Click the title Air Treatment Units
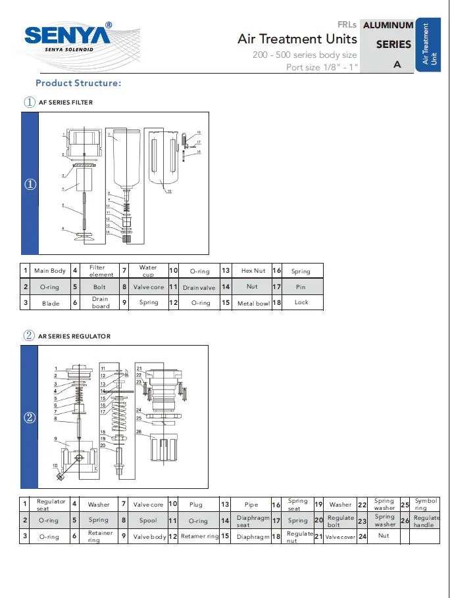[297, 39]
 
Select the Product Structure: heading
[78, 83]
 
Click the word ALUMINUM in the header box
[388, 25]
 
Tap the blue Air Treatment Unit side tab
[429, 44]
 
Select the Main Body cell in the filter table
[50, 271]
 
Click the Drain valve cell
[199, 287]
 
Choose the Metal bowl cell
[253, 303]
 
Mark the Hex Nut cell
[253, 271]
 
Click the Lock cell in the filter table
[301, 302]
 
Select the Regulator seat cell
[51, 504]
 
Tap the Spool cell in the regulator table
[149, 520]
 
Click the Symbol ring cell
[426, 504]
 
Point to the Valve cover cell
[340, 536]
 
